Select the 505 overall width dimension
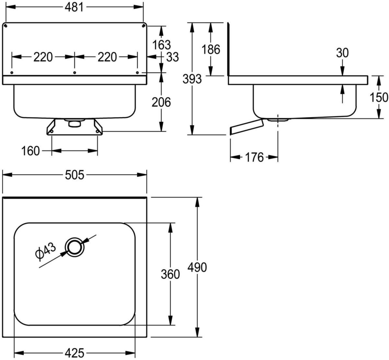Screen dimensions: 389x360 pos(75,175)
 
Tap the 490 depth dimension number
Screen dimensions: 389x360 pos(197,267)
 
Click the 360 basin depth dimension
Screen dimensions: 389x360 pos(170,274)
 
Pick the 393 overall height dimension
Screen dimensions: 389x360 pos(192,79)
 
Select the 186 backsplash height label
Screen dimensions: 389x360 pos(211,49)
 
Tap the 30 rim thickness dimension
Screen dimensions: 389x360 pos(342,53)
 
